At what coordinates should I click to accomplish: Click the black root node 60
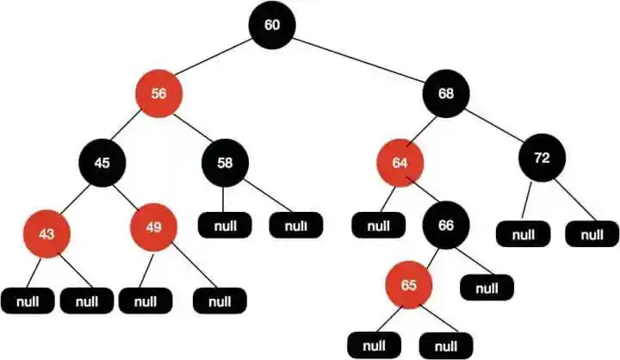[272, 24]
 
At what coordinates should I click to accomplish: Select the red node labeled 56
[158, 94]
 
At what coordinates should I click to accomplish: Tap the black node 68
[445, 94]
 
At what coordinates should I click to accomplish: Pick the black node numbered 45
[102, 161]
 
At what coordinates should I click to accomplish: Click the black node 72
[542, 158]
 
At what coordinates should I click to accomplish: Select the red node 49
[153, 228]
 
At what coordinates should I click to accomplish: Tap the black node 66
[445, 226]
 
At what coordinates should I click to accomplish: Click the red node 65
[408, 284]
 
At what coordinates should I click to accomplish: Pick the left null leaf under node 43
[27, 301]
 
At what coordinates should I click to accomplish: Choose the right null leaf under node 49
[220, 301]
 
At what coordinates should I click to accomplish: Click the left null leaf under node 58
[224, 227]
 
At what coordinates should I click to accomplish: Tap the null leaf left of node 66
[377, 227]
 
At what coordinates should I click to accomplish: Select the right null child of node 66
[487, 286]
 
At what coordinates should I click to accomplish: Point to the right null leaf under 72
[592, 233]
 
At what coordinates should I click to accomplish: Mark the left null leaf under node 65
[374, 345]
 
